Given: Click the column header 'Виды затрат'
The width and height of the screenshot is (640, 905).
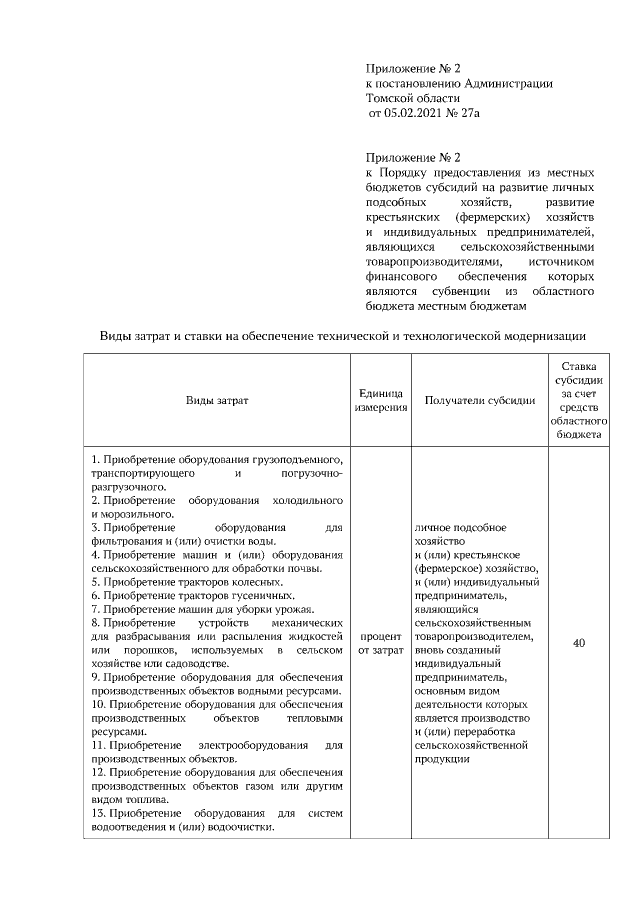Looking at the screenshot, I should (216, 401).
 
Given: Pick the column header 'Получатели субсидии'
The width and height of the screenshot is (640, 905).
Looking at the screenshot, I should (479, 401).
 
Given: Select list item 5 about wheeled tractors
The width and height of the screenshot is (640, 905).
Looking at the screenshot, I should (187, 581).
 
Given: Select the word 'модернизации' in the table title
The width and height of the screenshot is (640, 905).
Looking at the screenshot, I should (543, 336).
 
